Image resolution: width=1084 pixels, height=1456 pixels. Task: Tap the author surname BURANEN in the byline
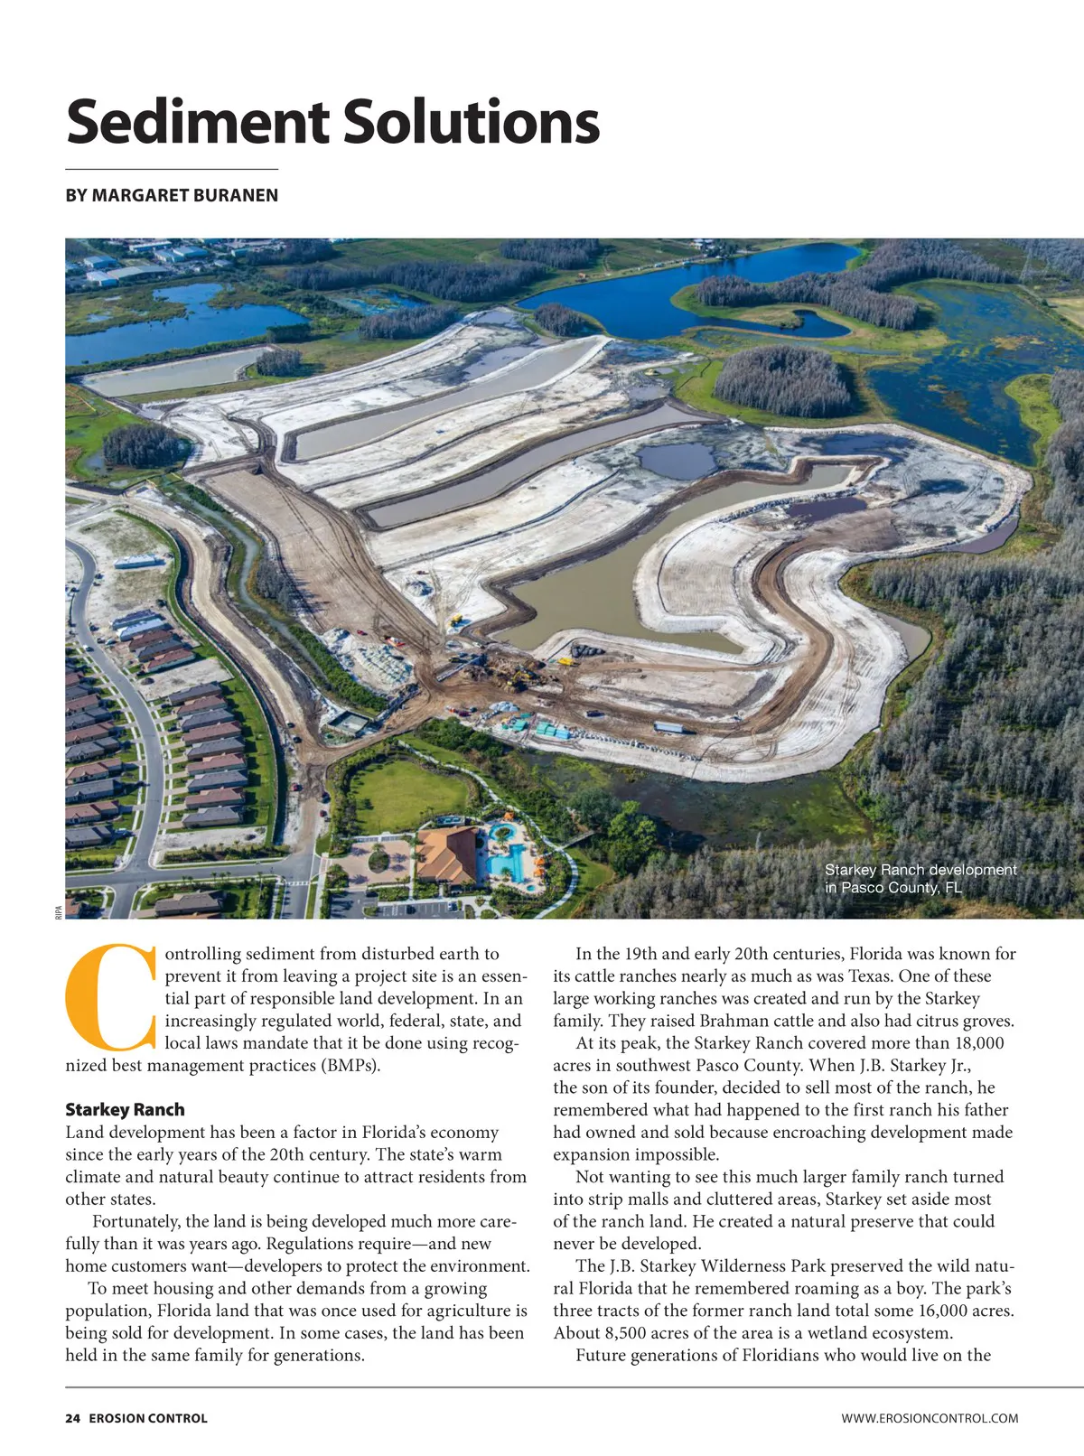coord(235,196)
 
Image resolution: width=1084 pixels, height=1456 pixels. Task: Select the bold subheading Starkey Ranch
coord(125,1109)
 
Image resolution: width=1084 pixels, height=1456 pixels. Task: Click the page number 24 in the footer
coord(72,1418)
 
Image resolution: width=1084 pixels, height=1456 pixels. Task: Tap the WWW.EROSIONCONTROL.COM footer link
coord(930,1418)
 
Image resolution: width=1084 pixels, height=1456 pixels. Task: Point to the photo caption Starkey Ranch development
coord(920,870)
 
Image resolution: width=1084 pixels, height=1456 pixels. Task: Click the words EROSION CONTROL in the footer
coord(148,1418)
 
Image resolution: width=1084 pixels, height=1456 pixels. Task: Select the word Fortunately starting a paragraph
coord(135,1222)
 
